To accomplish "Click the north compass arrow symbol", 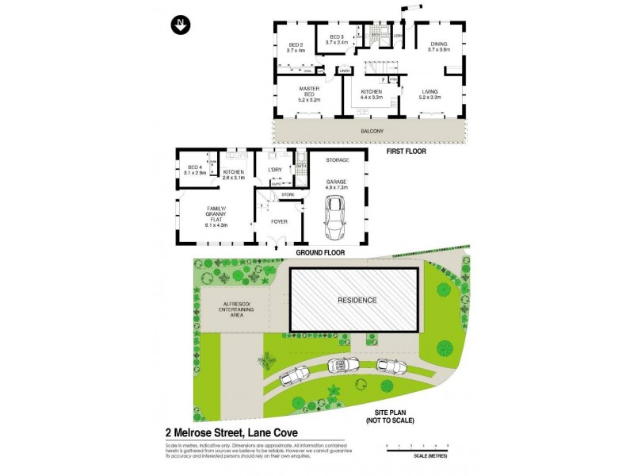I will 180,25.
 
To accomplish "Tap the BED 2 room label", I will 296,44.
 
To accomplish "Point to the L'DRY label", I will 276,171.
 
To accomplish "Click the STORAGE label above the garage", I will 338,160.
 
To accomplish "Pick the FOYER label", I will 279,222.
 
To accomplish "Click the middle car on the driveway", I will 342,365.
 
